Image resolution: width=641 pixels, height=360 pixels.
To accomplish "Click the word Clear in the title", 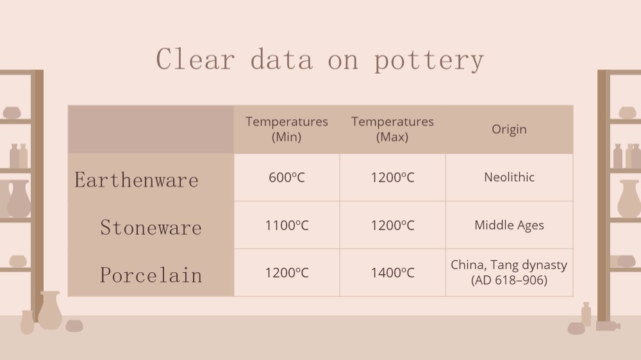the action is pyautogui.click(x=196, y=59).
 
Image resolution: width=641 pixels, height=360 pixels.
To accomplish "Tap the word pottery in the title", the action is pyautogui.click(x=429, y=60).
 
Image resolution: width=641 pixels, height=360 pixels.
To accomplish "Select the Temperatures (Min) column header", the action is pyautogui.click(x=287, y=129).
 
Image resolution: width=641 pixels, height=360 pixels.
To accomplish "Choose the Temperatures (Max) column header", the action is pyautogui.click(x=392, y=129).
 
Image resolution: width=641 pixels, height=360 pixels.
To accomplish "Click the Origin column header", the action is pyautogui.click(x=509, y=129).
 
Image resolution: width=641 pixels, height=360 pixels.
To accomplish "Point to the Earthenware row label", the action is pyautogui.click(x=137, y=180).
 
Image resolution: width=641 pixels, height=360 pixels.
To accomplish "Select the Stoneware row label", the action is pyautogui.click(x=151, y=227).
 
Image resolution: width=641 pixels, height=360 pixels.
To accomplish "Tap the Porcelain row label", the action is pyautogui.click(x=151, y=275).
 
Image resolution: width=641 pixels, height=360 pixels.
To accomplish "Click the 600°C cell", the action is pyautogui.click(x=287, y=177).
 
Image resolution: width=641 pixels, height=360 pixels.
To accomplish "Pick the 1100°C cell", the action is pyautogui.click(x=287, y=225).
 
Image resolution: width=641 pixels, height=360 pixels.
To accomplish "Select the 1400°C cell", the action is pyautogui.click(x=392, y=272).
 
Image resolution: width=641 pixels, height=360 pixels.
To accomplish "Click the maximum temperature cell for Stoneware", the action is pyautogui.click(x=392, y=225).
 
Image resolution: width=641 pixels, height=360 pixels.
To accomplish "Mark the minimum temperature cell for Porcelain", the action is pyautogui.click(x=287, y=272).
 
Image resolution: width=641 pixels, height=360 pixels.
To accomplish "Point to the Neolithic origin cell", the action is pyautogui.click(x=509, y=177).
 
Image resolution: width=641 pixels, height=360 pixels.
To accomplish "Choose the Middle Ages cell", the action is pyautogui.click(x=509, y=225).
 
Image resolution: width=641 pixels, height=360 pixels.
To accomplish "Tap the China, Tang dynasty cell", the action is pyautogui.click(x=509, y=272).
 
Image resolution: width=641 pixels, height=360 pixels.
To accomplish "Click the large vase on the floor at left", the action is pyautogui.click(x=50, y=311).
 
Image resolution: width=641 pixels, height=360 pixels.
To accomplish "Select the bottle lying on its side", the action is pyautogui.click(x=608, y=325).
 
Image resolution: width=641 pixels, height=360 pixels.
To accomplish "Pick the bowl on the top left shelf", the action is pyautogui.click(x=12, y=112).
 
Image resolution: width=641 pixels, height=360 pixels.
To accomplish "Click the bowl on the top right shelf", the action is pyautogui.click(x=627, y=112).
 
